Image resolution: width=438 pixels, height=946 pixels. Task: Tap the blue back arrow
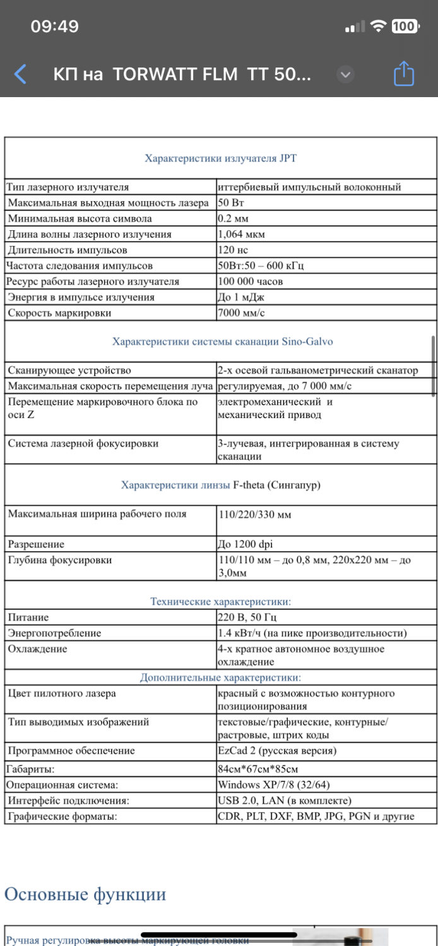pos(21,74)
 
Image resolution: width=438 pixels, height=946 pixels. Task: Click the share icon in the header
pos(403,74)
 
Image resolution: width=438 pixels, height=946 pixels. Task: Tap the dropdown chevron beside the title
pos(345,74)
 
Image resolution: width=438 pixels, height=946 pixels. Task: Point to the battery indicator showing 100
pos(403,26)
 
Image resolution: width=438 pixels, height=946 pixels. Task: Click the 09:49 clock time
pos(55,26)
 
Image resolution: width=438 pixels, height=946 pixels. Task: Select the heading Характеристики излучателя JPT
pos(220,158)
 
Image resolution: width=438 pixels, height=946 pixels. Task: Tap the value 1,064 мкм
pos(241,235)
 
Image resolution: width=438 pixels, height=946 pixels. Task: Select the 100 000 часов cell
pos(251,282)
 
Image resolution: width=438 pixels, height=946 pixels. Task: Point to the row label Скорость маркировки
pos(59,313)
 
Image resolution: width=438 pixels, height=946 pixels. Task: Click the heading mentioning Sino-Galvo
pos(222,342)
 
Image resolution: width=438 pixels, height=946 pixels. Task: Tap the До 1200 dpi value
pos(246,544)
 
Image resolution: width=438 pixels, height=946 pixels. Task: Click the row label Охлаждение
pos(38,649)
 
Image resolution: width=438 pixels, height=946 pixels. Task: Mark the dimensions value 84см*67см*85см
pos(257,769)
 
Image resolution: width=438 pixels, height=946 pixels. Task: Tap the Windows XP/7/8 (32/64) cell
pos(273,785)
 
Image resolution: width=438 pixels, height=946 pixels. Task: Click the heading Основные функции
pos(85,894)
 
